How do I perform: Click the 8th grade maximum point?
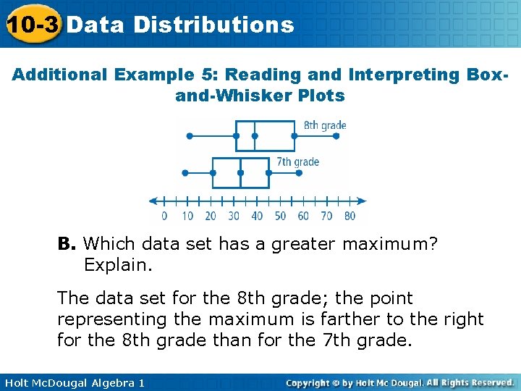pos(295,135)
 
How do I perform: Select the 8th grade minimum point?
pos(190,135)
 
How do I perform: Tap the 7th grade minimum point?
pos(185,173)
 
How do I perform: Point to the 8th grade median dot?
pos(255,135)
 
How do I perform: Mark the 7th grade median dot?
pos(241,173)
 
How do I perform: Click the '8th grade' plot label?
pos(325,125)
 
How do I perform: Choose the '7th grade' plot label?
pos(297,162)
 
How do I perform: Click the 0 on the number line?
pos(164,216)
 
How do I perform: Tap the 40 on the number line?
pos(257,216)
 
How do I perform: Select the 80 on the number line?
pos(350,216)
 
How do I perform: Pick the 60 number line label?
pos(303,216)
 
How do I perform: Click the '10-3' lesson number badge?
pos(32,25)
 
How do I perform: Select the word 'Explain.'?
pos(119,265)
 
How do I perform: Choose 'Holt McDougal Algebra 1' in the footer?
pos(73,382)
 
